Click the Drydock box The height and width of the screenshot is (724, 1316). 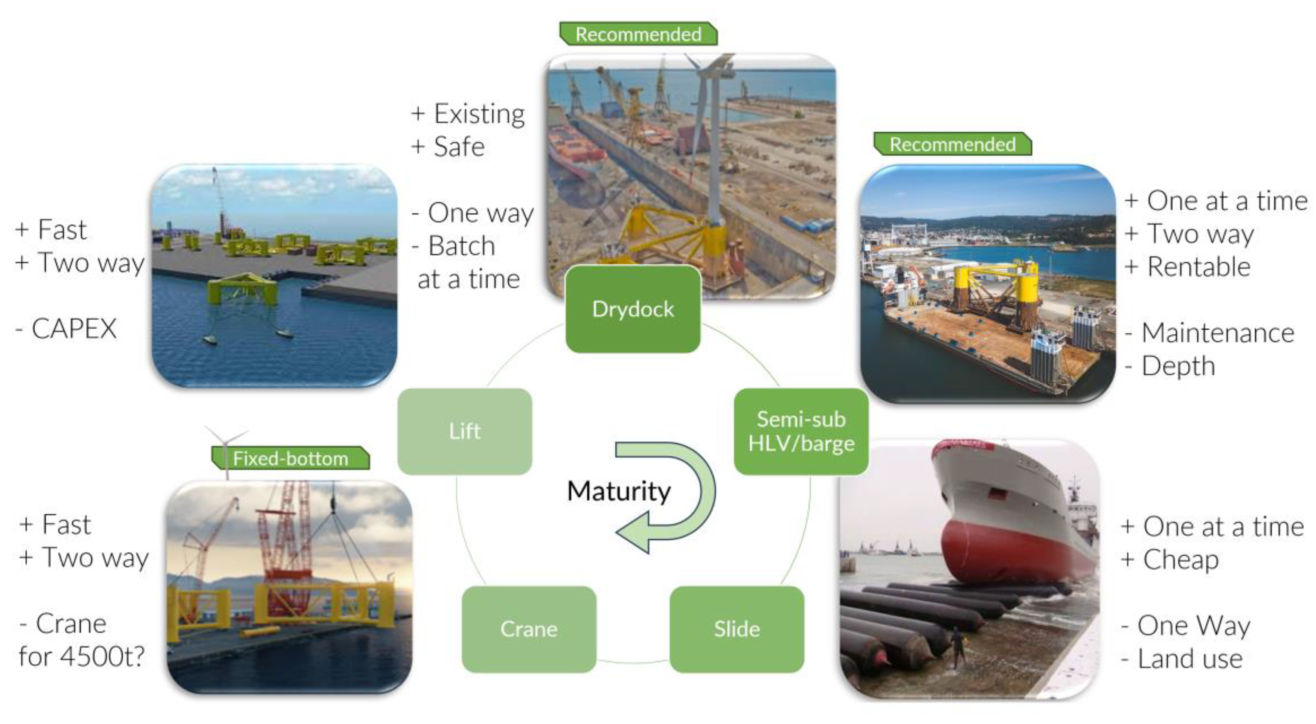[633, 309]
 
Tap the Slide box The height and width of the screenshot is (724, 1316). [737, 629]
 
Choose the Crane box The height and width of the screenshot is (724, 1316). [529, 629]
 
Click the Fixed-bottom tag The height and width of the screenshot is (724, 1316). [290, 458]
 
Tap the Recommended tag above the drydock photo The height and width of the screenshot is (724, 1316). [638, 34]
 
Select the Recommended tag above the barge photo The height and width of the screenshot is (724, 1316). [952, 144]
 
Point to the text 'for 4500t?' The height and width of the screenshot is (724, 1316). [82, 656]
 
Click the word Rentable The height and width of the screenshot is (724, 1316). [1199, 267]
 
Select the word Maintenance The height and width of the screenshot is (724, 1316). [1217, 333]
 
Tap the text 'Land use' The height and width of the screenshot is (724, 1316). [1190, 658]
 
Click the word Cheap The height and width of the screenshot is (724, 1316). [1180, 559]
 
